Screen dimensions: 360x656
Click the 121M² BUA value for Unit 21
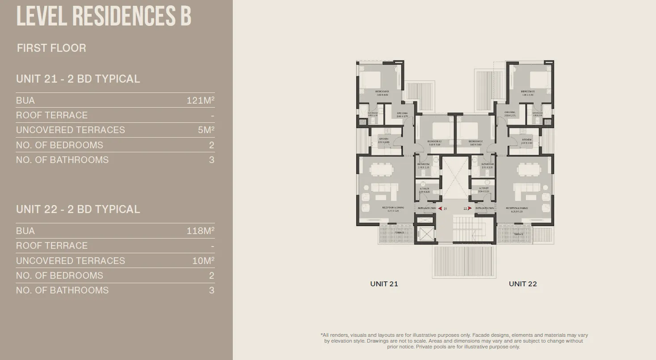point(200,100)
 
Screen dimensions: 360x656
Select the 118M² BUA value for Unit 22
point(200,231)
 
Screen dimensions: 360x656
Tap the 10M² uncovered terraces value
point(203,260)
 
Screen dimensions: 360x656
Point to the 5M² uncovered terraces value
point(206,130)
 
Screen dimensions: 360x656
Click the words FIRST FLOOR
point(51,48)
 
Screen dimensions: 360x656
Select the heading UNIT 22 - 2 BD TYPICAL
point(78,209)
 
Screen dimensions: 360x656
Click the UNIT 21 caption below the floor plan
point(384,284)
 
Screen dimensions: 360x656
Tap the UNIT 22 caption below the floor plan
point(523,284)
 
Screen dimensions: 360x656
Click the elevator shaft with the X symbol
point(424,234)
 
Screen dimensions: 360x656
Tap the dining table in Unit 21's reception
point(381,170)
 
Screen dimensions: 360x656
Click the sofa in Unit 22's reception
point(527,191)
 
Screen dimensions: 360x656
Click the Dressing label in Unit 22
point(509,113)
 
